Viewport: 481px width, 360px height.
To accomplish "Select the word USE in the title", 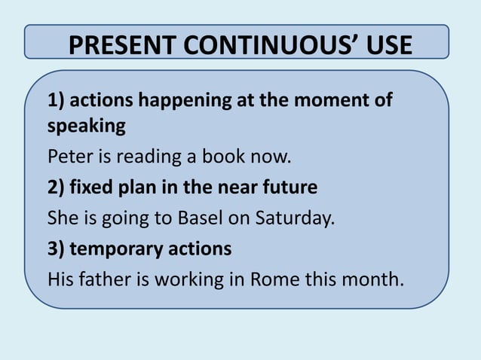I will (384, 45).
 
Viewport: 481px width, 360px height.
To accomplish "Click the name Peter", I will (66, 158).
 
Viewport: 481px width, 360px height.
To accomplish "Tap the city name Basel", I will (199, 218).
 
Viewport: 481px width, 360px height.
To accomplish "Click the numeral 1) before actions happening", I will (57, 101).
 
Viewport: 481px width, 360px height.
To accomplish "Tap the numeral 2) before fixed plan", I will (57, 188).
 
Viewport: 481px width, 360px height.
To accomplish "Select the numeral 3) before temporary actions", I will (57, 249).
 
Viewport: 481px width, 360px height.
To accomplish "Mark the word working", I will (193, 279).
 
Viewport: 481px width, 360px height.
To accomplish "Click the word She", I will (62, 218).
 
